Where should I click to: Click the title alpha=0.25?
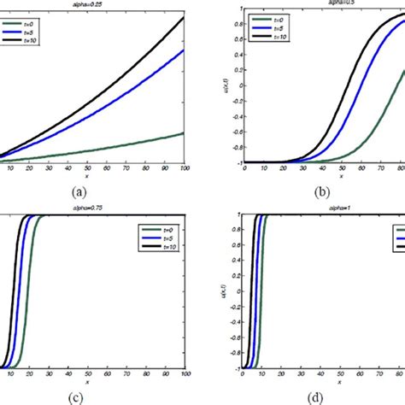92,3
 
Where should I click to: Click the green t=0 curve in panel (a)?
128,146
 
